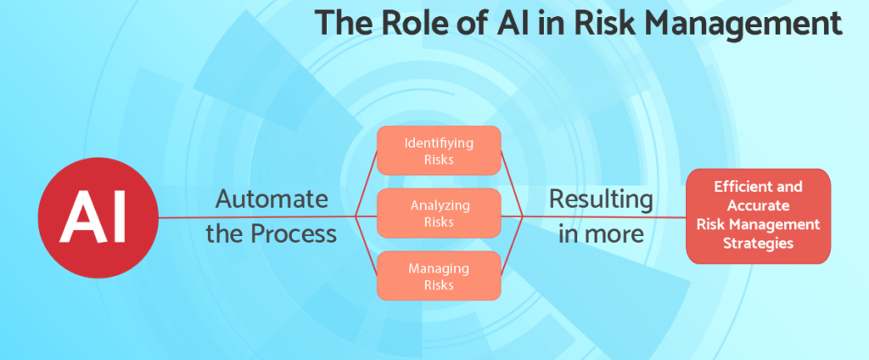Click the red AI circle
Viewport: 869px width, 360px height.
[x=98, y=217]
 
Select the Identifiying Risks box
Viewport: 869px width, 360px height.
[x=439, y=151]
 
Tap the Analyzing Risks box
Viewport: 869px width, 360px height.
[x=439, y=214]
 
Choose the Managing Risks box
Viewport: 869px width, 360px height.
[x=439, y=276]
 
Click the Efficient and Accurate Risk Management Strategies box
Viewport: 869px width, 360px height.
[x=758, y=216]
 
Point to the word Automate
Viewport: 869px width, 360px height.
[x=272, y=199]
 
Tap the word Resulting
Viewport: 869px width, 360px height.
[x=602, y=200]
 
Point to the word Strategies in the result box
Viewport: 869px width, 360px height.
[x=759, y=243]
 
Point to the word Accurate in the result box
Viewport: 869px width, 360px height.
[x=758, y=205]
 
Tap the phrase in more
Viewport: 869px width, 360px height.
[x=601, y=234]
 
